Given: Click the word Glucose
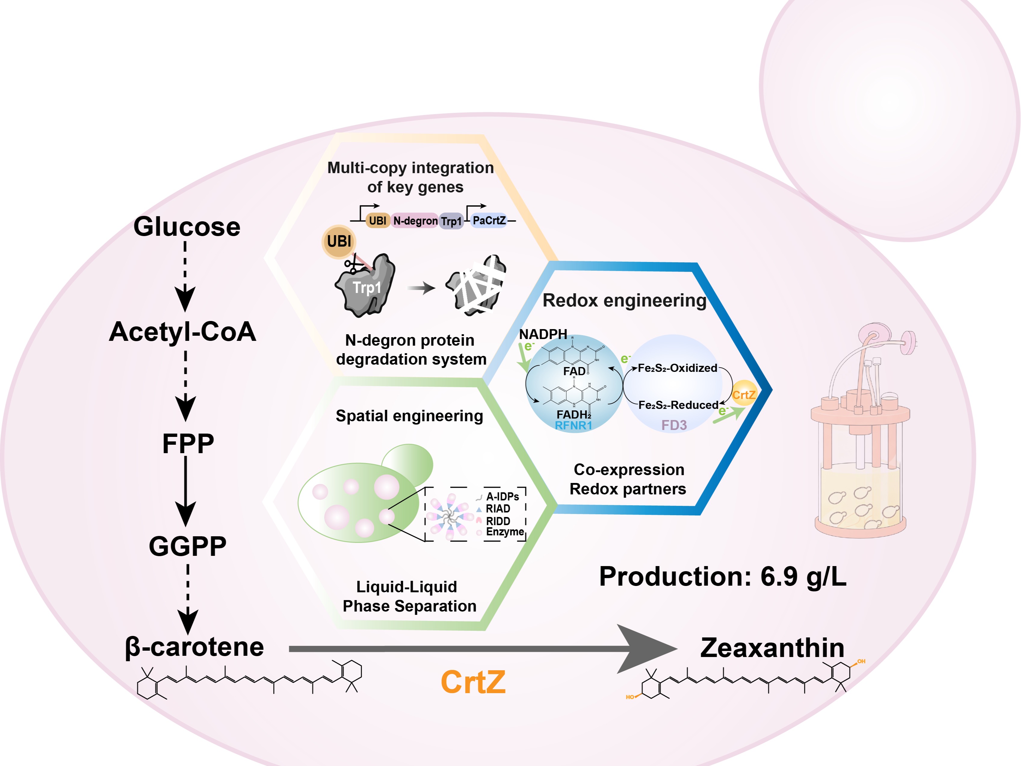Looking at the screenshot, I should pos(187,227).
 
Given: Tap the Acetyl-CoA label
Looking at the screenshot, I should pos(183,332).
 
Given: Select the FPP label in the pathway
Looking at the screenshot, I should pos(188,444).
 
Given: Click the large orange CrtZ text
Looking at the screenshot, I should pos(473,682).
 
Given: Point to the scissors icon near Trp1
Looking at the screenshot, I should pos(353,266).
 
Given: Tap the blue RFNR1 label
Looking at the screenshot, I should pos(573,425).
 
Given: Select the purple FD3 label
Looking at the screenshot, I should pos(674,425).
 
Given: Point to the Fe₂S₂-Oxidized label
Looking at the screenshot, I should pos(677,368).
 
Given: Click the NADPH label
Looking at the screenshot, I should pos(543,334).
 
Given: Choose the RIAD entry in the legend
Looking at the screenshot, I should pos(498,509).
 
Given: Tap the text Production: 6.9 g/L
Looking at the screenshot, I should pos(722,576).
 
